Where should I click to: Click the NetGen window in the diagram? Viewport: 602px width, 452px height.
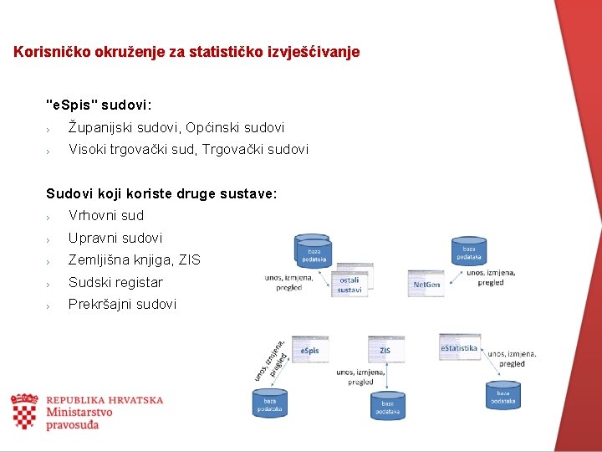426,283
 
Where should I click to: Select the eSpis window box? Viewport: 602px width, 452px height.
309,349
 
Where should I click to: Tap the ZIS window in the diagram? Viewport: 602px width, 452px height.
385,349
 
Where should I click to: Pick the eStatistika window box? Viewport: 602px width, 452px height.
460,347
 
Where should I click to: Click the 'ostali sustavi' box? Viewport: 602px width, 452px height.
349,285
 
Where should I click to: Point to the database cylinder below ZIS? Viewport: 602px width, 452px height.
388,405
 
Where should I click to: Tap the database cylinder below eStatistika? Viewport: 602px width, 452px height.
503,394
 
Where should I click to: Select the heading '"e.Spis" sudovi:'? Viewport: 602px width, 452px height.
99,105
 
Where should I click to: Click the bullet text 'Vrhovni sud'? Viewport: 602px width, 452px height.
106,215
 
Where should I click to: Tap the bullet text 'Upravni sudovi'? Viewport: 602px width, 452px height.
115,238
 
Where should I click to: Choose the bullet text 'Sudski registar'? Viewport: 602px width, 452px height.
115,282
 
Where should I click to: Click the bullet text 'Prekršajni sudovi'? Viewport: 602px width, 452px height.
122,304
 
